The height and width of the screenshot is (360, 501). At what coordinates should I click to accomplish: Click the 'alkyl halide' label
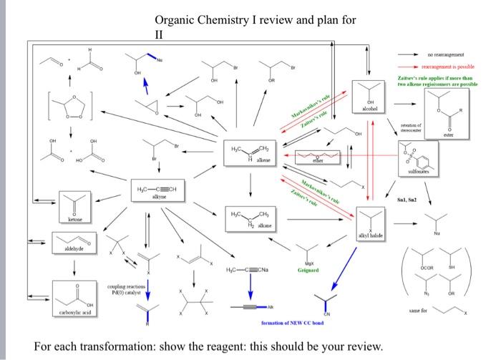[x=372, y=235]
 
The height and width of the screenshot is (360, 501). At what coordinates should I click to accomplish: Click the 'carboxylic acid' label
[x=73, y=311]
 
